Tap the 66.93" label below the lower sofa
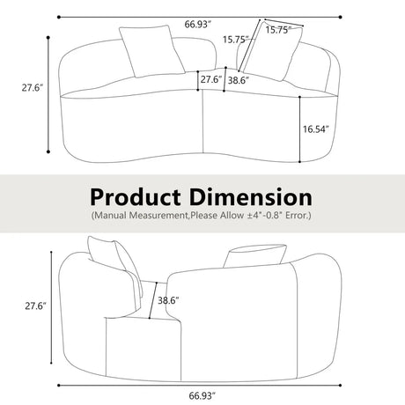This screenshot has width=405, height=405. click(x=202, y=396)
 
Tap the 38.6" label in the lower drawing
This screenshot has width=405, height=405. click(x=166, y=300)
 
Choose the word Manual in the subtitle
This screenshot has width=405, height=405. click(x=113, y=215)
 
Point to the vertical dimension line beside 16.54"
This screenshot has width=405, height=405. click(x=300, y=130)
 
